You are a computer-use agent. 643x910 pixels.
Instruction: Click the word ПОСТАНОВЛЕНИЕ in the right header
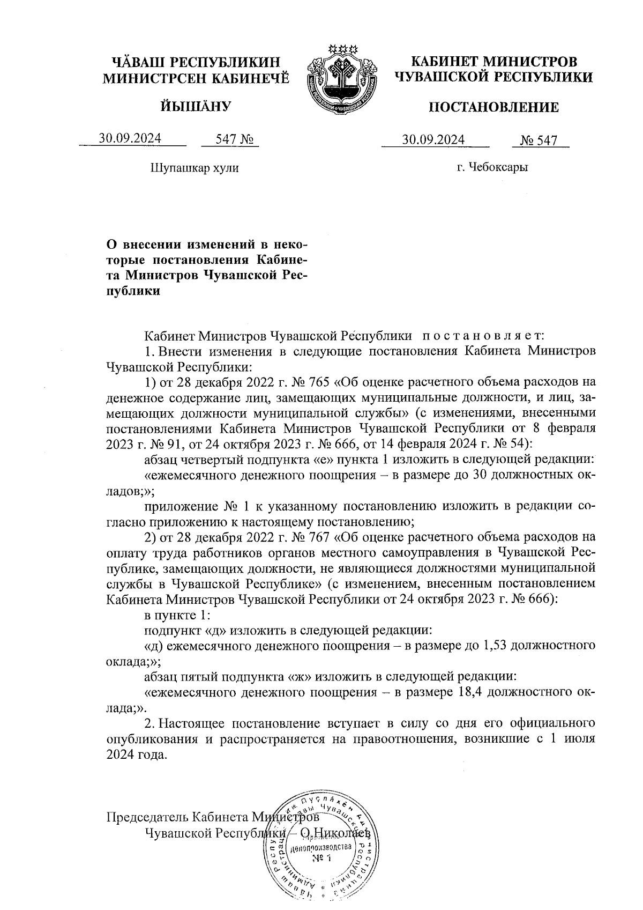click(494, 108)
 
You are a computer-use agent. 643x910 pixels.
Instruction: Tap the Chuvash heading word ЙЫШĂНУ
click(196, 106)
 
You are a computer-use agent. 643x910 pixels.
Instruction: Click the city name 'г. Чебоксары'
click(492, 167)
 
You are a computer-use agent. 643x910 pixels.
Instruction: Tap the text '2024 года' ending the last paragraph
click(137, 754)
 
